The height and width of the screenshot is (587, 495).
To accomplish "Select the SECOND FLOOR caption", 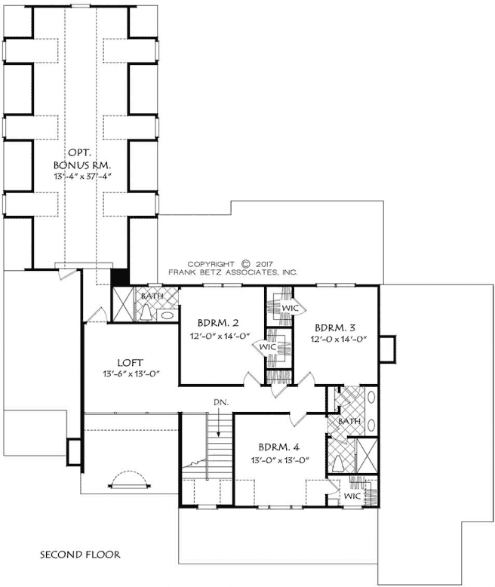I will (x=80, y=555).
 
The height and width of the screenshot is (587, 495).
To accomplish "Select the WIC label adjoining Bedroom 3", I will (x=291, y=309).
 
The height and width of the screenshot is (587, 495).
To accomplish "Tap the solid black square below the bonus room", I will (x=120, y=277).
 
